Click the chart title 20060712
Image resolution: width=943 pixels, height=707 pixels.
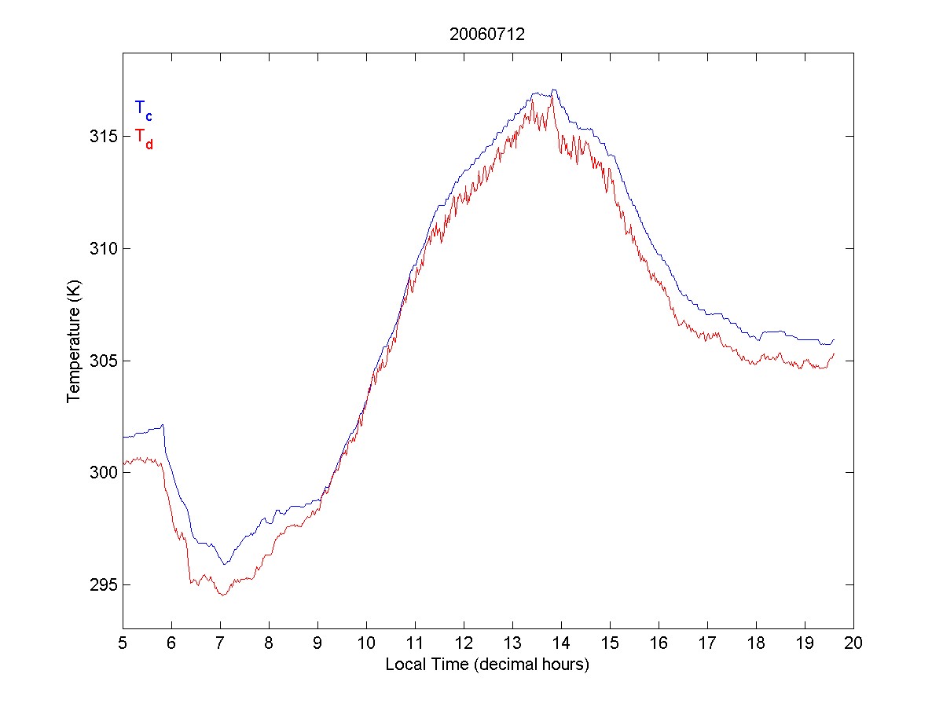[487, 35]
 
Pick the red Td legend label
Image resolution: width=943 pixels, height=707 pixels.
[143, 137]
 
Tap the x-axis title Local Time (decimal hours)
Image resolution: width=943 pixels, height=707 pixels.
[487, 665]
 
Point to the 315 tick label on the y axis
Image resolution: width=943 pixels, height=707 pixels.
[102, 137]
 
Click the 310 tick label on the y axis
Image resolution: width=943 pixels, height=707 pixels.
[102, 249]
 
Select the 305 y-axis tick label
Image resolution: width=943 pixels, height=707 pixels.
[102, 361]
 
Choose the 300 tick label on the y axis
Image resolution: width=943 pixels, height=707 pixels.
[102, 473]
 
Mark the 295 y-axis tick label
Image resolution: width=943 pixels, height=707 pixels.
[102, 585]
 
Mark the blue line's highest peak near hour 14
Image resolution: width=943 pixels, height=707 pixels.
[554, 90]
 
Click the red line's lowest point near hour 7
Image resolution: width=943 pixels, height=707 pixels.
[222, 595]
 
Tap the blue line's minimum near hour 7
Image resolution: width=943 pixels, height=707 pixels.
[224, 564]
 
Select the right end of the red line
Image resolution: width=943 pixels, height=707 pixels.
[834, 354]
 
